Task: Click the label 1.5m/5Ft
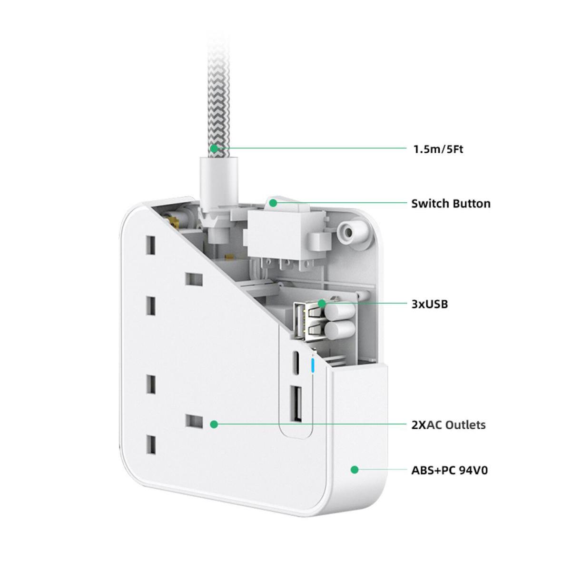[x=438, y=149]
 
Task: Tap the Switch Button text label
[x=451, y=204]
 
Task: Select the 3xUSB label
[x=430, y=304]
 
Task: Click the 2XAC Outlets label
[x=448, y=424]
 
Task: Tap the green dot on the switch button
[x=273, y=203]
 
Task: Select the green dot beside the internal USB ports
[x=322, y=303]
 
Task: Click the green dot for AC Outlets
[x=214, y=424]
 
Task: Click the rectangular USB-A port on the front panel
[x=296, y=404]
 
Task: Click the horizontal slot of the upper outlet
[x=194, y=279]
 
